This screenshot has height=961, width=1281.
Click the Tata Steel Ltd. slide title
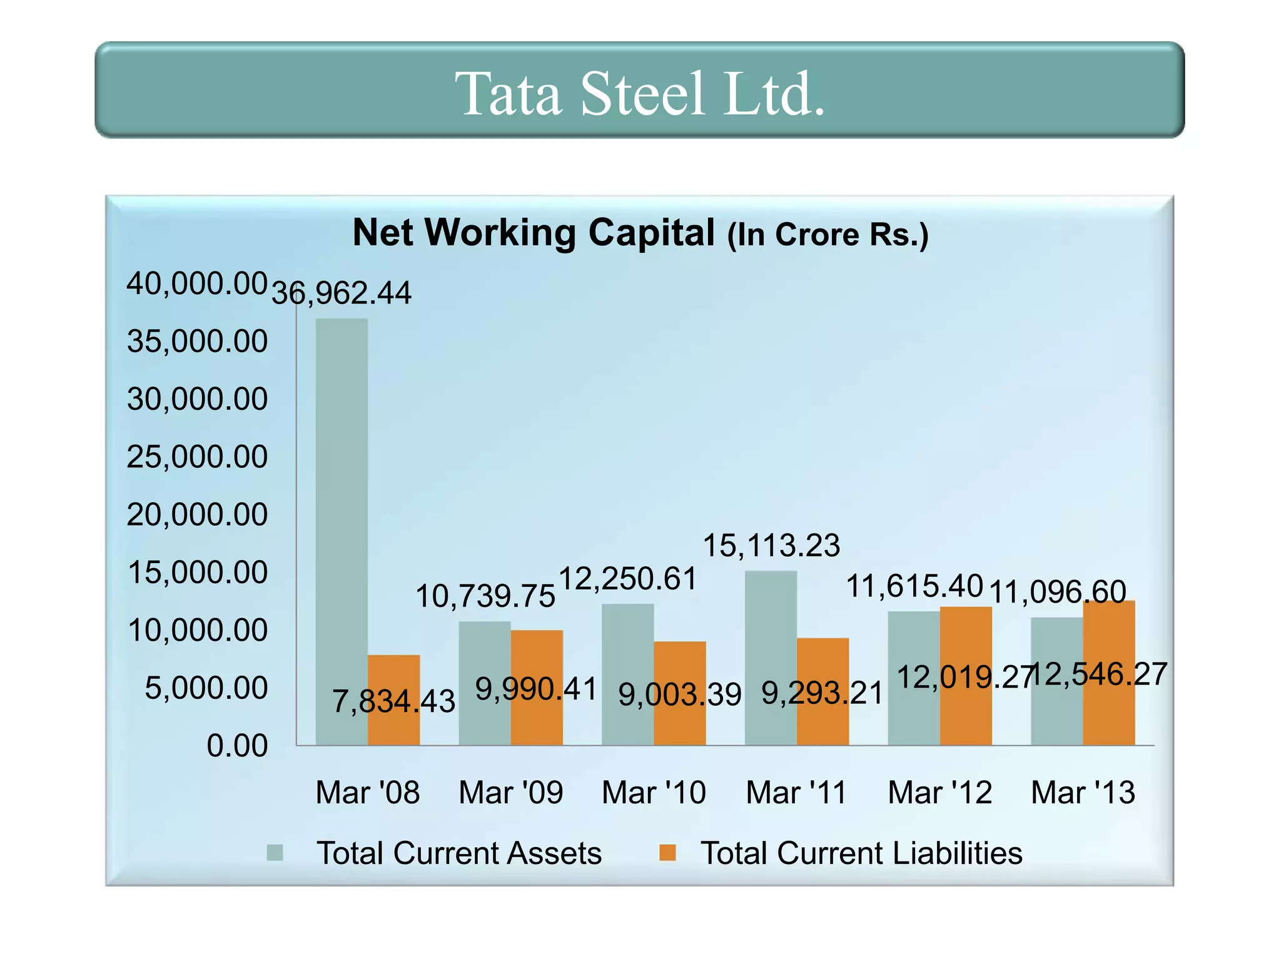pos(639,94)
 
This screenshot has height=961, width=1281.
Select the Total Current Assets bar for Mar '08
pos(342,532)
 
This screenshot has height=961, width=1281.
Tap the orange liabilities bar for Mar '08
pos(393,701)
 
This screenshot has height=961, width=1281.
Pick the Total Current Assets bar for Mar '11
pos(771,657)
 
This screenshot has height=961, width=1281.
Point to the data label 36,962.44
pos(342,293)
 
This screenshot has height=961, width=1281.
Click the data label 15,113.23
pos(771,546)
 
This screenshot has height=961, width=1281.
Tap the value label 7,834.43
pos(393,701)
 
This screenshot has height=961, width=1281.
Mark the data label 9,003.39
pos(680,694)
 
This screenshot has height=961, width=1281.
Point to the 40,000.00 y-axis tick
pos(197,283)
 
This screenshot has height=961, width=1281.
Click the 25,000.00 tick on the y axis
pos(197,457)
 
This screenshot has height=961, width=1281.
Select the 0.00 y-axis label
pos(237,746)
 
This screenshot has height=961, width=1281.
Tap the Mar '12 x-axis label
pos(940,793)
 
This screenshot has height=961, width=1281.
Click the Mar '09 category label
pos(511,793)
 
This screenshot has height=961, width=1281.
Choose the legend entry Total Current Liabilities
pos(861,853)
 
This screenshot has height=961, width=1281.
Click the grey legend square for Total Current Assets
pos(275,853)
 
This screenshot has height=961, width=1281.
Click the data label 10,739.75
pos(485,596)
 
